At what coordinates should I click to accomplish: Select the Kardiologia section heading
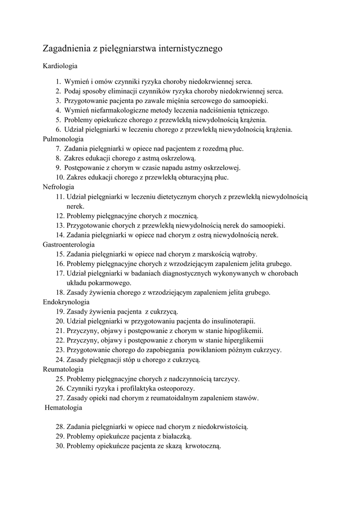pos(60,66)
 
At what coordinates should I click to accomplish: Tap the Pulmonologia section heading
pos(63,139)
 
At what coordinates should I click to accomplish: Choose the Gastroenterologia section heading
pos(69,245)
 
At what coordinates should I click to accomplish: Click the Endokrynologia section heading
pos(66,302)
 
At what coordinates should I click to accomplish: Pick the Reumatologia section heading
pos(63,369)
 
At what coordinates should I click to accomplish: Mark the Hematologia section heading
pos(63,408)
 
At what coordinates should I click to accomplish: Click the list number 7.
pos(58,149)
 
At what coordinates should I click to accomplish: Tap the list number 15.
pos(60,254)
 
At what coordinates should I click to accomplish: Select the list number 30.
pos(60,446)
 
